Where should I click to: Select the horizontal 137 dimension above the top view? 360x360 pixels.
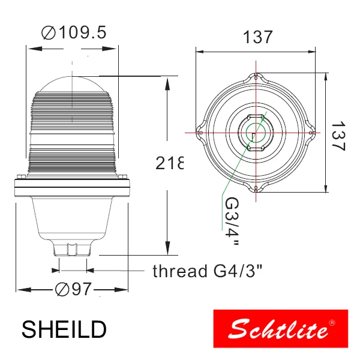point(257,37)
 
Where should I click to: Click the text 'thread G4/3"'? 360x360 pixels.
point(207,271)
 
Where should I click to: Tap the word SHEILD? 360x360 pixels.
point(64,329)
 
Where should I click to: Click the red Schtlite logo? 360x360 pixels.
point(280,329)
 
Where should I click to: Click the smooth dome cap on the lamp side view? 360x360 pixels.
point(72,83)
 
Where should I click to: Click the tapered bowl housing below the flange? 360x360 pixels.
point(72,216)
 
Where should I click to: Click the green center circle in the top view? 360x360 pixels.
point(257,131)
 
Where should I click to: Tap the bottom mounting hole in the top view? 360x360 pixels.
point(257,188)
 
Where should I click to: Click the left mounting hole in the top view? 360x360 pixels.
point(200,132)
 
